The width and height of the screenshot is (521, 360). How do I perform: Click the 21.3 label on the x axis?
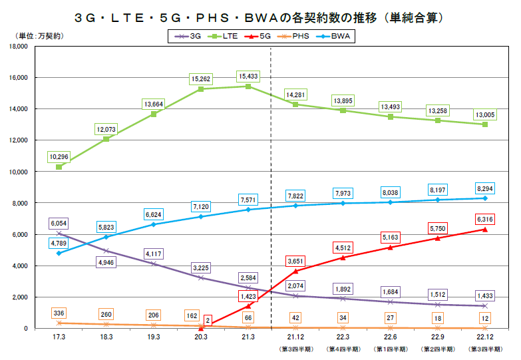[x=248, y=338]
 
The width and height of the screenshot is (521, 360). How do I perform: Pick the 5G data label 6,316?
[x=484, y=218]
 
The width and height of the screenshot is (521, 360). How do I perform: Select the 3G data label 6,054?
[x=59, y=223]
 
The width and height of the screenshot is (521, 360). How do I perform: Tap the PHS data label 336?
[x=59, y=313]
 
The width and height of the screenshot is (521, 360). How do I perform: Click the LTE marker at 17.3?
[x=59, y=167]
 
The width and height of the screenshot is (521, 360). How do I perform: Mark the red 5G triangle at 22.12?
[x=484, y=230]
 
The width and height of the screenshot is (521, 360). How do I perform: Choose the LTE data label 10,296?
[x=59, y=157]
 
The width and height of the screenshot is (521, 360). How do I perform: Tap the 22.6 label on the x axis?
[x=390, y=338]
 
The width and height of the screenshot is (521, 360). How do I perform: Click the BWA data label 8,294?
[x=484, y=188]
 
